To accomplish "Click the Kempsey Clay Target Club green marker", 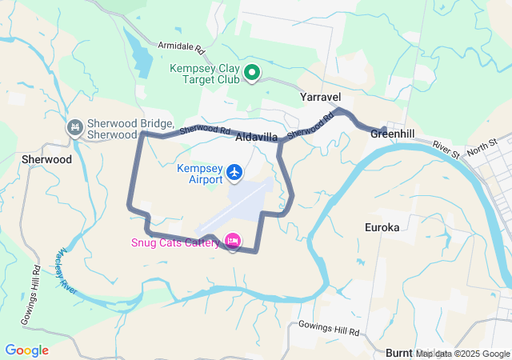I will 252,74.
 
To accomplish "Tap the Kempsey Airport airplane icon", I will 234,172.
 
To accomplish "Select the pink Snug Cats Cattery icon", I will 233,240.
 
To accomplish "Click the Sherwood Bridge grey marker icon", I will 74,127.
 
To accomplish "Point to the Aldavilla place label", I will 256,138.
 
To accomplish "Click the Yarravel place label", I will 322,96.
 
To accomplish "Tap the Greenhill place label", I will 392,134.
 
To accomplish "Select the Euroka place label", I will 382,227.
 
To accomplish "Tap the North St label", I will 482,146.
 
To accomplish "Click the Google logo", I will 26,350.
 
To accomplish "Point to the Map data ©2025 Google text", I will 462,354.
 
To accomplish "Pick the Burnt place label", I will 398,353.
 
